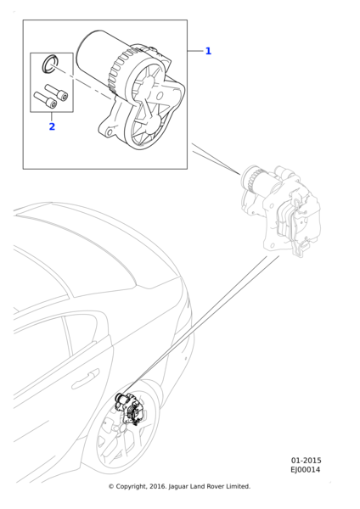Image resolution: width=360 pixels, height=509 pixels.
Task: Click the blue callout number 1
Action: point(208,51)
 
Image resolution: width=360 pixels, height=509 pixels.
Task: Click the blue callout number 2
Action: point(52,126)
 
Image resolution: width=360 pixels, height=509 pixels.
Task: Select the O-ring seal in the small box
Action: point(50,64)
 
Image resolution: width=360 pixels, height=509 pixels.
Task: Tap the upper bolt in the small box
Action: point(57,92)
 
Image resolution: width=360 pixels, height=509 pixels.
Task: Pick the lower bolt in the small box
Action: point(45,100)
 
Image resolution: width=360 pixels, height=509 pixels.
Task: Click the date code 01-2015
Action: point(306,461)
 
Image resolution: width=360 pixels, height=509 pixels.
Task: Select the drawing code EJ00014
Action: point(305,469)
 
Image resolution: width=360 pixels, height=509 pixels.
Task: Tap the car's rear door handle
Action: point(85,379)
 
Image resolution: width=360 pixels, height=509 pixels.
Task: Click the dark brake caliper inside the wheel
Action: point(129,408)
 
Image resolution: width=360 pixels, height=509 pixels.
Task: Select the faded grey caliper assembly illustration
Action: point(280,210)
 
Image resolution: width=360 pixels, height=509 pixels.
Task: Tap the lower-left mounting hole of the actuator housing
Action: point(110,132)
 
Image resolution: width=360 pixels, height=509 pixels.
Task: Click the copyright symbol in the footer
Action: point(111,487)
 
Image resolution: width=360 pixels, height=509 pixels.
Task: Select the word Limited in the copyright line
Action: point(239,487)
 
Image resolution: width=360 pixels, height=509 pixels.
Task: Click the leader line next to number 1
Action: point(195,51)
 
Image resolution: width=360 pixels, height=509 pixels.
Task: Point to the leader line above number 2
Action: point(52,116)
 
